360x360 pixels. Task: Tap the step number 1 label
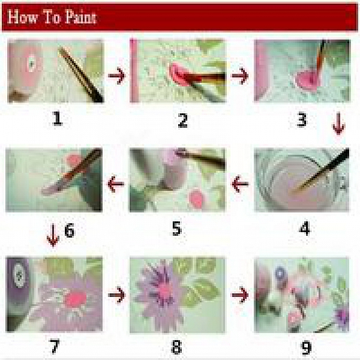(56, 118)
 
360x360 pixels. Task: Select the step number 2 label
(182, 119)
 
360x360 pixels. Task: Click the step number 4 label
(304, 228)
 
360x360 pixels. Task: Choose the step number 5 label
(176, 228)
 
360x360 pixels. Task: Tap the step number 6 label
(70, 231)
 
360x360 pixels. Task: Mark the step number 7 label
(55, 347)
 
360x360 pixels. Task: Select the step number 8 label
(177, 347)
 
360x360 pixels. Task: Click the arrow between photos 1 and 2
(116, 76)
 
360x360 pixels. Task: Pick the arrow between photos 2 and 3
(240, 76)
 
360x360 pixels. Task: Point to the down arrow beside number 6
(53, 236)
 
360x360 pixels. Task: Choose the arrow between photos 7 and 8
(116, 295)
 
